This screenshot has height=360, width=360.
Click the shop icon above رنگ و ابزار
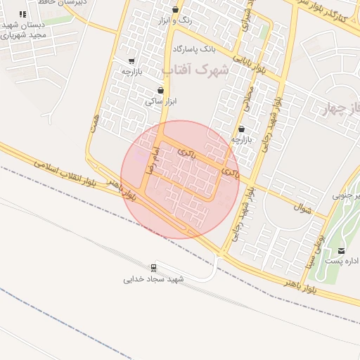pos(175,10)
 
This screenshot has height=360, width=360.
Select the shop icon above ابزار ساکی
pos(161,90)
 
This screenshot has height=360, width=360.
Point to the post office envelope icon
pos(342,251)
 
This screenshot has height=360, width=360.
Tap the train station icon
pos(153,267)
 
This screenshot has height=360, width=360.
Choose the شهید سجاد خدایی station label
pos(153,278)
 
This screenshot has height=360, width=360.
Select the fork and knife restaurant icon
pos(22,14)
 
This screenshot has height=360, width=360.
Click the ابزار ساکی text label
pos(161,101)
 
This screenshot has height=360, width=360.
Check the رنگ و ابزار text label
pos(176,21)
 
